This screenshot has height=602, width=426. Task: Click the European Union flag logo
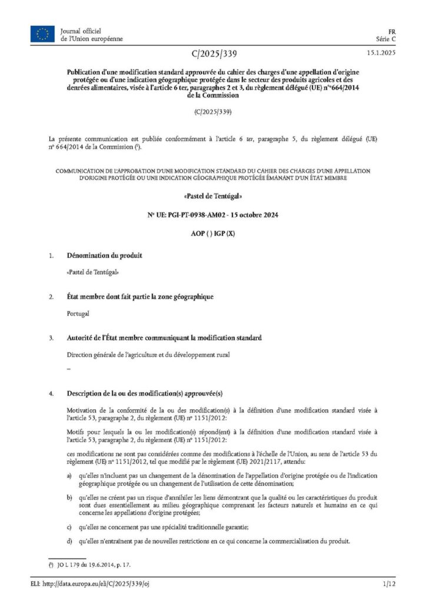point(42,34)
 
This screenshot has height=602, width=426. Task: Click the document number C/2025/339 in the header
point(214,55)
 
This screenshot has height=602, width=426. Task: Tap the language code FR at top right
point(391,30)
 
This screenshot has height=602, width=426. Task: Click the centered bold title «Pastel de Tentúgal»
point(213,195)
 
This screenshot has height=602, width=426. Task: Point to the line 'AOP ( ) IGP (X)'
point(213,234)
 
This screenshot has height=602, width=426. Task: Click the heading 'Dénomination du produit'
point(104,256)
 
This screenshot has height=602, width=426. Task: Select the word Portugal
point(78,313)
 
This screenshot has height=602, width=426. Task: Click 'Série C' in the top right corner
point(386,38)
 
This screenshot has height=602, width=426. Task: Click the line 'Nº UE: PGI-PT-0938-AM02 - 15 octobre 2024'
point(213,215)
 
